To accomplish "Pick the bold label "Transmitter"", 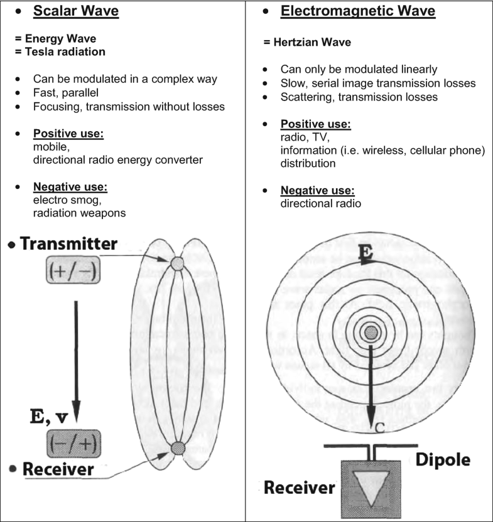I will coord(68,244).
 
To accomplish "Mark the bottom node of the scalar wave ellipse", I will coord(178,448).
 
